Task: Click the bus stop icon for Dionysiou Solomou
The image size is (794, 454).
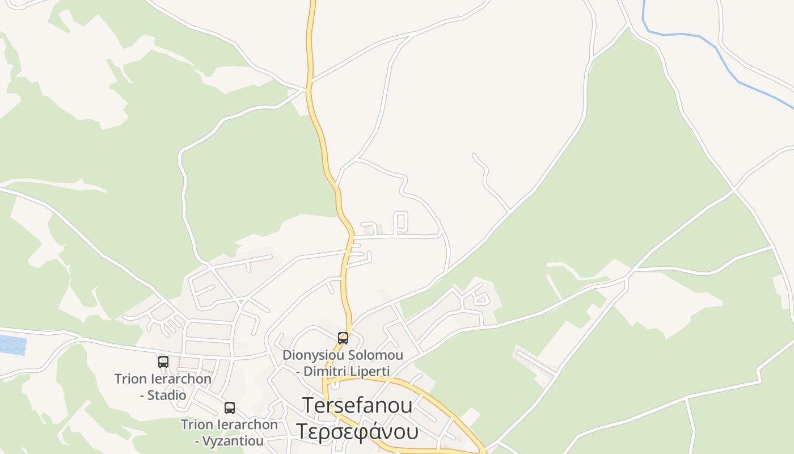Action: [343, 338]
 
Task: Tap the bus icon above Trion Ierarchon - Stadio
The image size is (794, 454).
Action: [163, 361]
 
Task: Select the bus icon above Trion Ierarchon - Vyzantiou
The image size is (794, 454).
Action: [230, 407]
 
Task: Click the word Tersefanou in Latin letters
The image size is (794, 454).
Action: [357, 405]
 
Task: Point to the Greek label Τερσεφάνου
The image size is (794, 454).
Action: [357, 431]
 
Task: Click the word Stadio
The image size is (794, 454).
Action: [167, 395]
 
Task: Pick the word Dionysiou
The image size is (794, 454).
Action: [315, 355]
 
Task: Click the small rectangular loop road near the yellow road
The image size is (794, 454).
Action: [401, 222]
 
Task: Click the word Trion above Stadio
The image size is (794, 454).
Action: [130, 379]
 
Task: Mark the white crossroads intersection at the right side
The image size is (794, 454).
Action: [734, 189]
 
